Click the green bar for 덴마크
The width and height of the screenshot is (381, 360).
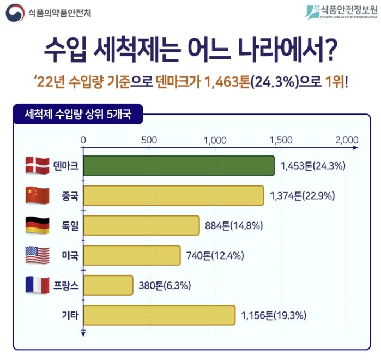click(178, 166)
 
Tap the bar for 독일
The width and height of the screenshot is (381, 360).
click(141, 225)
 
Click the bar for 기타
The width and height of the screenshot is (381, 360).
click(159, 315)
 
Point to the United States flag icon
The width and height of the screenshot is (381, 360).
click(38, 255)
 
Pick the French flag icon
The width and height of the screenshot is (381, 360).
click(38, 285)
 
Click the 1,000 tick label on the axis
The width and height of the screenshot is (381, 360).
click(215, 139)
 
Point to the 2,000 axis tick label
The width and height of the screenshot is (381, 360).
click(347, 139)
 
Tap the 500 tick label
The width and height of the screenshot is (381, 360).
click(149, 139)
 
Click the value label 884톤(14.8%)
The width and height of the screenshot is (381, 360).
click(235, 225)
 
